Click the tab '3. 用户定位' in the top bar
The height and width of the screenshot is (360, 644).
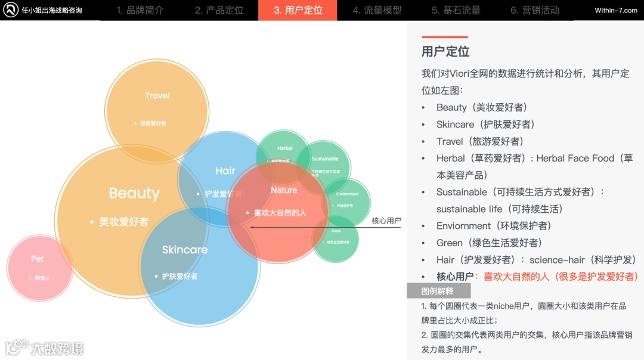tap(298, 10)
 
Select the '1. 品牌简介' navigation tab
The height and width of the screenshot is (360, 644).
tap(140, 10)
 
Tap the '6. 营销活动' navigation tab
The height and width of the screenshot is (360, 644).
tap(534, 10)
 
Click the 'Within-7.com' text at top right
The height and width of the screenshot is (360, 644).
tap(615, 10)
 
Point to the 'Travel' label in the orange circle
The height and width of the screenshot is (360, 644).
tap(157, 95)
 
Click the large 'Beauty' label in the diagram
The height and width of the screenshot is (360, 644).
tap(134, 193)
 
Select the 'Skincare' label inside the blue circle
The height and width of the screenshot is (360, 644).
tap(185, 250)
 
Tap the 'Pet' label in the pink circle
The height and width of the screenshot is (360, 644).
tap(38, 259)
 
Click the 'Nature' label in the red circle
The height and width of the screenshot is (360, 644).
tap(284, 190)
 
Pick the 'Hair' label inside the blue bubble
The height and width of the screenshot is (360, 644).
tap(225, 171)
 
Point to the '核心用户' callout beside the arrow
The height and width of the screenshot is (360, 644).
tap(386, 221)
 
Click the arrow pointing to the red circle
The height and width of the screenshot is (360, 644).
tap(310, 227)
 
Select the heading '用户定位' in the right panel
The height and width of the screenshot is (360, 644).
tap(445, 51)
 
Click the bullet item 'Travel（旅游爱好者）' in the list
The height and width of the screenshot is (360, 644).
tap(480, 141)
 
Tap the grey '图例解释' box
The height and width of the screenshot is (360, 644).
tap(438, 291)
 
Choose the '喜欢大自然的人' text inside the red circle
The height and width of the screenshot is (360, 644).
tap(280, 212)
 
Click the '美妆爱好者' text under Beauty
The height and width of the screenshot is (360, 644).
tap(123, 222)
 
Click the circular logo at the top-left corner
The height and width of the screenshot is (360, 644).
tap(11, 10)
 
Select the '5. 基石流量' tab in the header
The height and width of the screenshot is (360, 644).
tap(456, 10)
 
